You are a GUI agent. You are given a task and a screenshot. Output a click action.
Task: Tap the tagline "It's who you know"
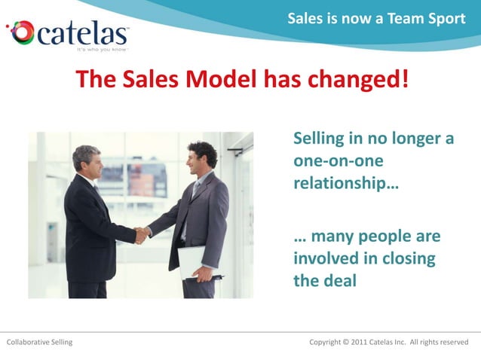pyautogui.click(x=103, y=50)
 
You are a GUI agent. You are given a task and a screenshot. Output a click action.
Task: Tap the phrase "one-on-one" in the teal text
pyautogui.click(x=339, y=161)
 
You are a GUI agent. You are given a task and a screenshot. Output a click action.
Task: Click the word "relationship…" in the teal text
pyautogui.click(x=346, y=183)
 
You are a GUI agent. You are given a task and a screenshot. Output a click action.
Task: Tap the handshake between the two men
pyautogui.click(x=141, y=235)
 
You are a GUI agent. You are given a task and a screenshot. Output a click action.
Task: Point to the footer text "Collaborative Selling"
pyautogui.click(x=40, y=343)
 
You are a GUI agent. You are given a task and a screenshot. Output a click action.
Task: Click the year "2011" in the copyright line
pyautogui.click(x=363, y=343)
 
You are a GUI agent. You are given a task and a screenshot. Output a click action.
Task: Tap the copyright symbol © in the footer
pyautogui.click(x=345, y=343)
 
